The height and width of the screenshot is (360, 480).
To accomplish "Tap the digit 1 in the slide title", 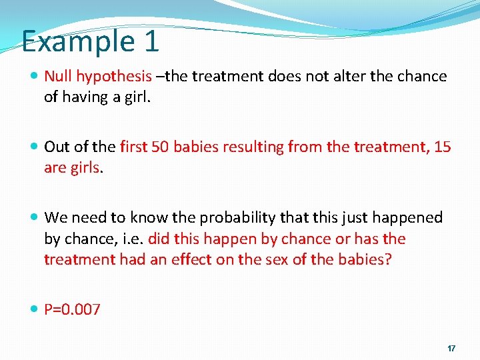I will click(151, 41).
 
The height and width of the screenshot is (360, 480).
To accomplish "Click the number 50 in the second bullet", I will click(161, 147).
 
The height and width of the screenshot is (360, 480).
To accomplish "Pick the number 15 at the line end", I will click(442, 147).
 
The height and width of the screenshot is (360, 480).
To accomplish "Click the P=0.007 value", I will click(72, 309).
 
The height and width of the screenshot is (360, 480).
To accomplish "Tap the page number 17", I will click(451, 349).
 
